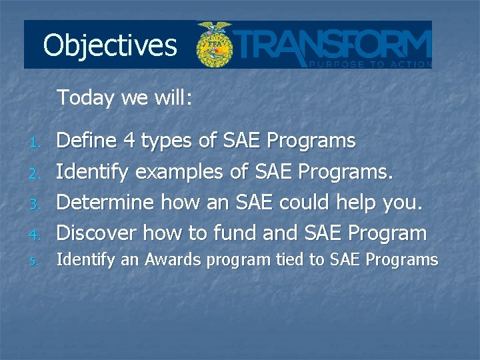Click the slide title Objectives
pyautogui.click(x=110, y=46)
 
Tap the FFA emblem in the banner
pyautogui.click(x=214, y=45)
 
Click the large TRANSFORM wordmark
pyautogui.click(x=333, y=43)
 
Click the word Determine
pyautogui.click(x=97, y=202)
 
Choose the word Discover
pyautogui.click(x=97, y=233)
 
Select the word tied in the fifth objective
pyautogui.click(x=288, y=260)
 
